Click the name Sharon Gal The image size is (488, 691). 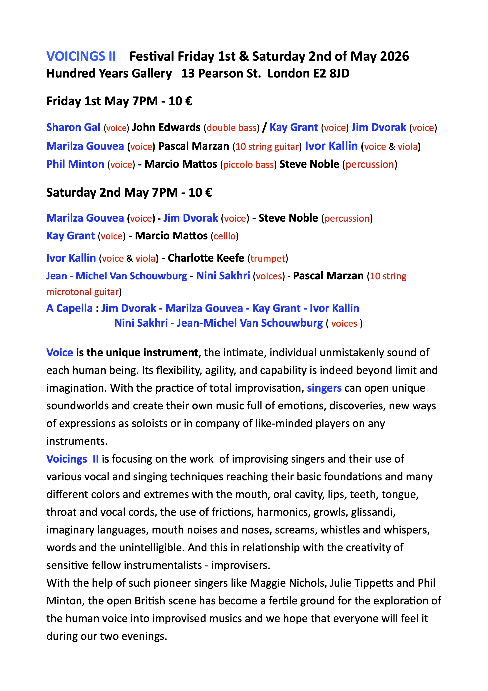click(x=73, y=127)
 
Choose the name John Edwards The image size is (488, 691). click(x=166, y=127)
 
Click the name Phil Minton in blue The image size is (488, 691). click(x=75, y=164)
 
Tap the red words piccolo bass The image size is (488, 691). click(x=248, y=165)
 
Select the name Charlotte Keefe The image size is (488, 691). click(x=206, y=258)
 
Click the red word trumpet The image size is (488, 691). click(x=268, y=258)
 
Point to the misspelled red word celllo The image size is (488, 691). click(x=224, y=236)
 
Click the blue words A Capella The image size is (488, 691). click(x=69, y=308)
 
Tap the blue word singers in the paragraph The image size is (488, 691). click(x=324, y=388)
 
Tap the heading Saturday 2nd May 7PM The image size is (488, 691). click(x=112, y=193)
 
